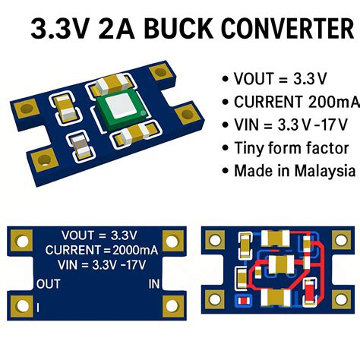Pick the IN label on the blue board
click(153, 285)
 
